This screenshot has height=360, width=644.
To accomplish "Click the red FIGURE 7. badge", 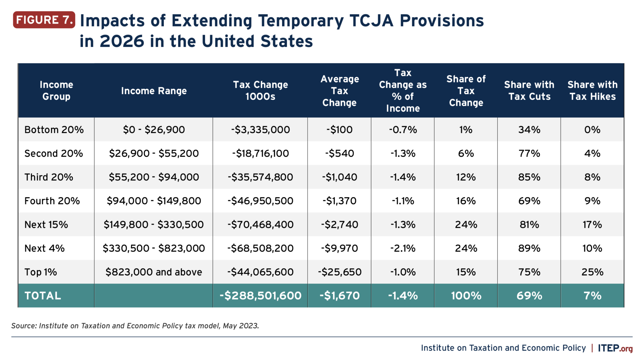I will (44, 20).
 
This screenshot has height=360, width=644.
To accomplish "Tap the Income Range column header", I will (154, 91).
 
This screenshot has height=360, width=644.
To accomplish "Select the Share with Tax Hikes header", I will (592, 91).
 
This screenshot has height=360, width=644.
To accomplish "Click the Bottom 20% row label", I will (54, 130).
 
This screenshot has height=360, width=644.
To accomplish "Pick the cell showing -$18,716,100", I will (260, 154).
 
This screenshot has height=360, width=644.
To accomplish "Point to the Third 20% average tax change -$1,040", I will (339, 177).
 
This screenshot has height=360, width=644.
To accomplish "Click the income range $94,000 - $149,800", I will (154, 201).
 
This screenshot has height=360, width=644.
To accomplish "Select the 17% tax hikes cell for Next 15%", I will (592, 225).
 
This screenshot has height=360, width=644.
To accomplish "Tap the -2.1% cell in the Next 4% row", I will (403, 248).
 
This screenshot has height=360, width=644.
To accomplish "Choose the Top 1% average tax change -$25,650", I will (339, 272).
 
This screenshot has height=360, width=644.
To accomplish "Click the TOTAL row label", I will (43, 296).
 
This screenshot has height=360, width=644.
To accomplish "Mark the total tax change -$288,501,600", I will (260, 296).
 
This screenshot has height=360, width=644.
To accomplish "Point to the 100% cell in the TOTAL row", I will (466, 296).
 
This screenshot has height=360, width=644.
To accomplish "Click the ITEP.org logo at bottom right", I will (615, 348).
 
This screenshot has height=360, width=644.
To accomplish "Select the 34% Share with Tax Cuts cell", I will (529, 130).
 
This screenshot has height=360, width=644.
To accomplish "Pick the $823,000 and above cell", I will (154, 272).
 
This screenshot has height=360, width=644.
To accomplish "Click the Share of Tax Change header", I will (466, 91).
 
